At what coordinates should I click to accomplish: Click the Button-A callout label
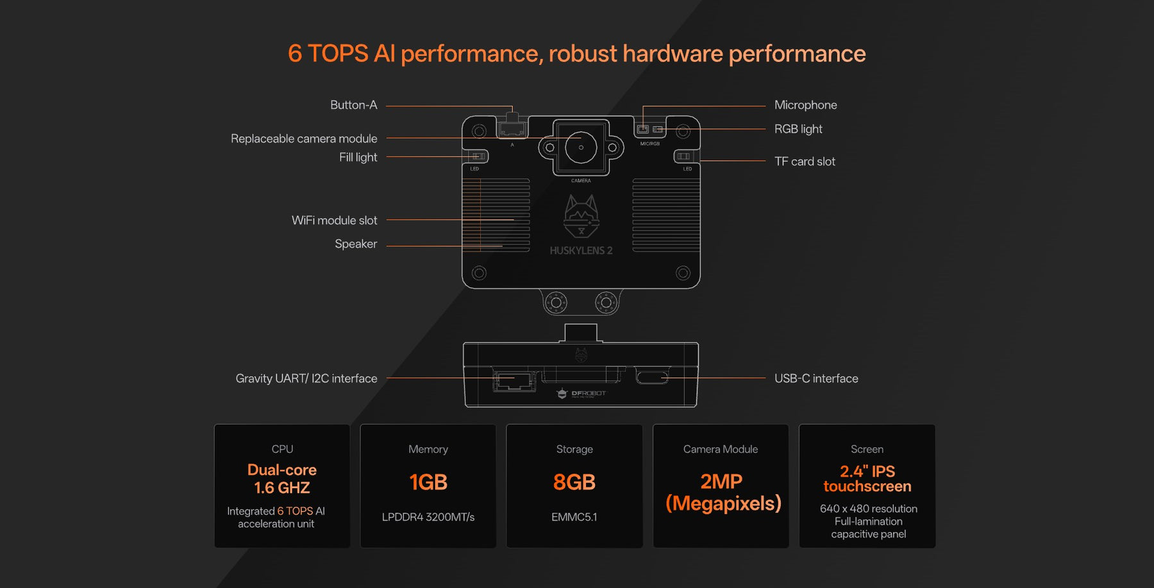click(x=353, y=105)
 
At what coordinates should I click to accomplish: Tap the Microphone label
click(x=805, y=105)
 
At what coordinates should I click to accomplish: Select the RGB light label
click(x=798, y=129)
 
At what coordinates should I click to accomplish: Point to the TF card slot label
click(x=805, y=162)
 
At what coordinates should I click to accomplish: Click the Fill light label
click(x=358, y=158)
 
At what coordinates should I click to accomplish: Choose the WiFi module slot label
click(x=334, y=221)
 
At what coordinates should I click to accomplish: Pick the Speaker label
click(x=356, y=244)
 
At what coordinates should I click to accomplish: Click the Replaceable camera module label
click(x=304, y=139)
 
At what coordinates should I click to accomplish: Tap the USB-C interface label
click(x=816, y=379)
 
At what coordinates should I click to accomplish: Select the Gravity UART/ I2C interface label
click(x=306, y=379)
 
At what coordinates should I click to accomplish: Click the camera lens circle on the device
click(x=581, y=147)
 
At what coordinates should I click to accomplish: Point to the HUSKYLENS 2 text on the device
click(x=581, y=251)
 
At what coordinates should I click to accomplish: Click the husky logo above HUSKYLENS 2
click(x=581, y=215)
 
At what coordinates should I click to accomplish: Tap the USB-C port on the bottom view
click(x=652, y=376)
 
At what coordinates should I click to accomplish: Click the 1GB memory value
click(x=428, y=482)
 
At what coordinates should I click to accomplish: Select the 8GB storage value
click(x=574, y=482)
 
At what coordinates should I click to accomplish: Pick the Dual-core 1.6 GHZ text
click(x=282, y=479)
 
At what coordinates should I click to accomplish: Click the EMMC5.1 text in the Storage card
click(x=574, y=517)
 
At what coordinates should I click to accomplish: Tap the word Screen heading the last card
click(x=867, y=449)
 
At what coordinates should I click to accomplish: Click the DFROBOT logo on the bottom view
click(x=581, y=394)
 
